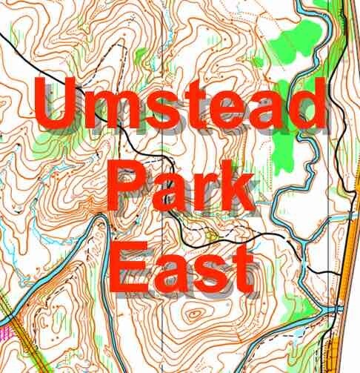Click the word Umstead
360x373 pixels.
coord(180,108)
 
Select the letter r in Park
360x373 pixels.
coord(204,191)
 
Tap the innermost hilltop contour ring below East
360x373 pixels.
coord(194,314)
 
